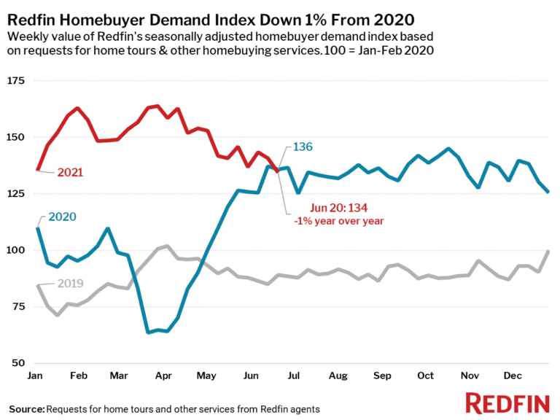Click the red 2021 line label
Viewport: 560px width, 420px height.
click(x=70, y=173)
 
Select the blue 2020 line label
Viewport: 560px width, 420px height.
click(x=63, y=217)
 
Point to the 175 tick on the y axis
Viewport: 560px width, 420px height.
click(x=17, y=81)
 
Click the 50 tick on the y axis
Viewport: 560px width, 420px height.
click(x=20, y=363)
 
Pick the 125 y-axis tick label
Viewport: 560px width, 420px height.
click(x=17, y=194)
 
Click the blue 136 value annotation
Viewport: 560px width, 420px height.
click(x=303, y=147)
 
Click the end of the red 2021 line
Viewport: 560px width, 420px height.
click(x=276, y=171)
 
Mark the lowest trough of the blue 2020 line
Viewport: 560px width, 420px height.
click(x=148, y=332)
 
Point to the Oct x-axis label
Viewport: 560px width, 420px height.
click(x=425, y=377)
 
